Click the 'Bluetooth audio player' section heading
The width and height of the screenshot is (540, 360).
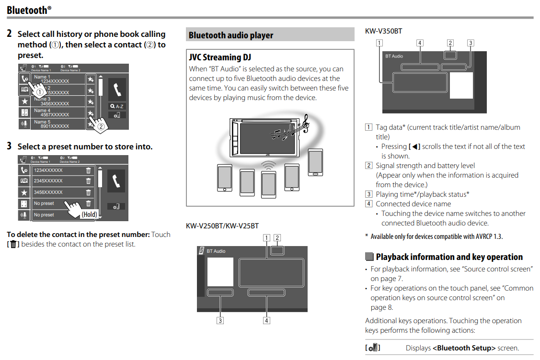pos(230,35)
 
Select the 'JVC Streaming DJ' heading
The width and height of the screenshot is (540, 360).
pos(220,57)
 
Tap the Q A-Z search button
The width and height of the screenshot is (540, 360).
pos(117,106)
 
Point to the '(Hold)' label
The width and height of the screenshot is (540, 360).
pos(89,214)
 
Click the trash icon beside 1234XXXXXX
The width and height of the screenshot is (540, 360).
pos(88,170)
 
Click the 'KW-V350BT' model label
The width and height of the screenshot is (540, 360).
pos(383,31)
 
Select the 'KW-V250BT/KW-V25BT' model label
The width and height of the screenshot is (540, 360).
pos(222,225)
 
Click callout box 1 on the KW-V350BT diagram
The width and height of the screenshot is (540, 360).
pos(379,43)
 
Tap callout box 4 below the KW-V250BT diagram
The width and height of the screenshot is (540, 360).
pos(266,320)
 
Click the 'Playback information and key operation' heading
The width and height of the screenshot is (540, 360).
pos(449,257)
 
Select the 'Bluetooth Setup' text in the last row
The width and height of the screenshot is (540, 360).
pos(464,348)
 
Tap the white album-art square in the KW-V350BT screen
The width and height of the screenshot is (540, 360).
pos(461,86)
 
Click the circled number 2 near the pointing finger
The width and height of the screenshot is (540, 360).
pos(101,127)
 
